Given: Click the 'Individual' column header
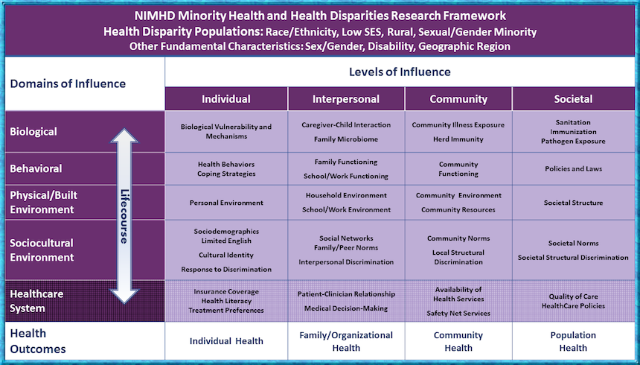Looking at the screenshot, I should (226, 99).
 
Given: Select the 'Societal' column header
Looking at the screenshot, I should (573, 99).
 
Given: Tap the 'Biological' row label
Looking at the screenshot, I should (33, 132).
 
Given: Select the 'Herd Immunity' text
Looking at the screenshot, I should (458, 139).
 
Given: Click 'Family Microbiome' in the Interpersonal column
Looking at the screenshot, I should (345, 139).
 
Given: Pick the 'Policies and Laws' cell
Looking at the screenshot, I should (573, 168).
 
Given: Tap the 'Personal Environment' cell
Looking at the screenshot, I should (226, 203).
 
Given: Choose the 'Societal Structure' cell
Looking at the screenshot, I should (573, 203).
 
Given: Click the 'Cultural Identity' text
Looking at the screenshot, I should (226, 255).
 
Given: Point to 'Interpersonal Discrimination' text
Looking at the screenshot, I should (345, 261).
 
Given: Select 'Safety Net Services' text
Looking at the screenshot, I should (458, 314).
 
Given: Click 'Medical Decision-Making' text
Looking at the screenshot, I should (345, 308).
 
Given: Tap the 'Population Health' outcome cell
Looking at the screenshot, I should (573, 341).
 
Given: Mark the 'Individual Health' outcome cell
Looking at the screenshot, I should (226, 341).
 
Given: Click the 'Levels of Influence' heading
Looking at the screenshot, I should (400, 72).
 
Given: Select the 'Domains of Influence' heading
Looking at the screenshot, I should (68, 83).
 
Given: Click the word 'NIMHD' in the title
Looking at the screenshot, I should (157, 16).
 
